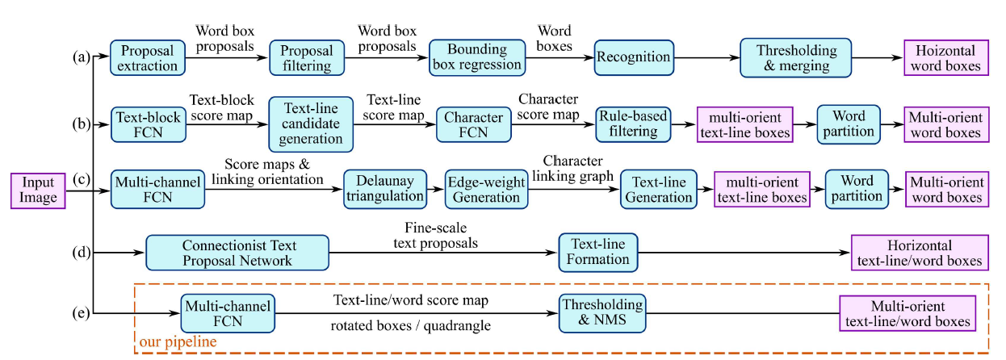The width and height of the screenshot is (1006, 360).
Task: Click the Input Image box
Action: point(38,190)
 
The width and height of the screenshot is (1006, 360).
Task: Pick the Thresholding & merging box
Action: point(795,57)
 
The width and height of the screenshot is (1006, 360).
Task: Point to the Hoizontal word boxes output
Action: point(943,58)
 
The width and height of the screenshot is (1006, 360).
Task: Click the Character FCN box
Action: point(474,124)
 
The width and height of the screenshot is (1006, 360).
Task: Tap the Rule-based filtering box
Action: point(632,124)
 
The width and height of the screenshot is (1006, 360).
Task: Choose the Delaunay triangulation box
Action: point(384,190)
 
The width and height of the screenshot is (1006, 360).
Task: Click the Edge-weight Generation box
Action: point(486,190)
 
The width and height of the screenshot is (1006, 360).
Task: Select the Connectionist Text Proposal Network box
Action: point(237,252)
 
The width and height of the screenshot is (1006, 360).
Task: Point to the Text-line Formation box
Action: point(598,252)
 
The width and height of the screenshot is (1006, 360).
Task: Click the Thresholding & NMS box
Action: point(602,313)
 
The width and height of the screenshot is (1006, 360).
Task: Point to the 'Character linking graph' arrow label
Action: point(572,168)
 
